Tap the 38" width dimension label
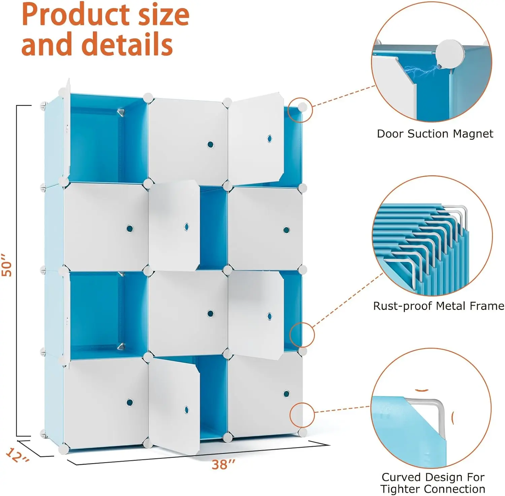point(223,465)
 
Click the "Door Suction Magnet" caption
point(435,134)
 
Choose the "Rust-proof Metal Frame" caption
point(438,306)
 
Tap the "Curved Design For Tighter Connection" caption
point(433,483)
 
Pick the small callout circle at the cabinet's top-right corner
point(301,110)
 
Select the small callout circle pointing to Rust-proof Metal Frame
point(302,334)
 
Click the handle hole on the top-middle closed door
point(210,145)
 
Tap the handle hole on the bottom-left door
point(130,402)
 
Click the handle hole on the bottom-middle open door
point(187,410)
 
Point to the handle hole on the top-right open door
point(269,139)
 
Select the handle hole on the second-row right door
point(286,230)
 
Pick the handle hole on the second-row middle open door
point(187,227)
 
